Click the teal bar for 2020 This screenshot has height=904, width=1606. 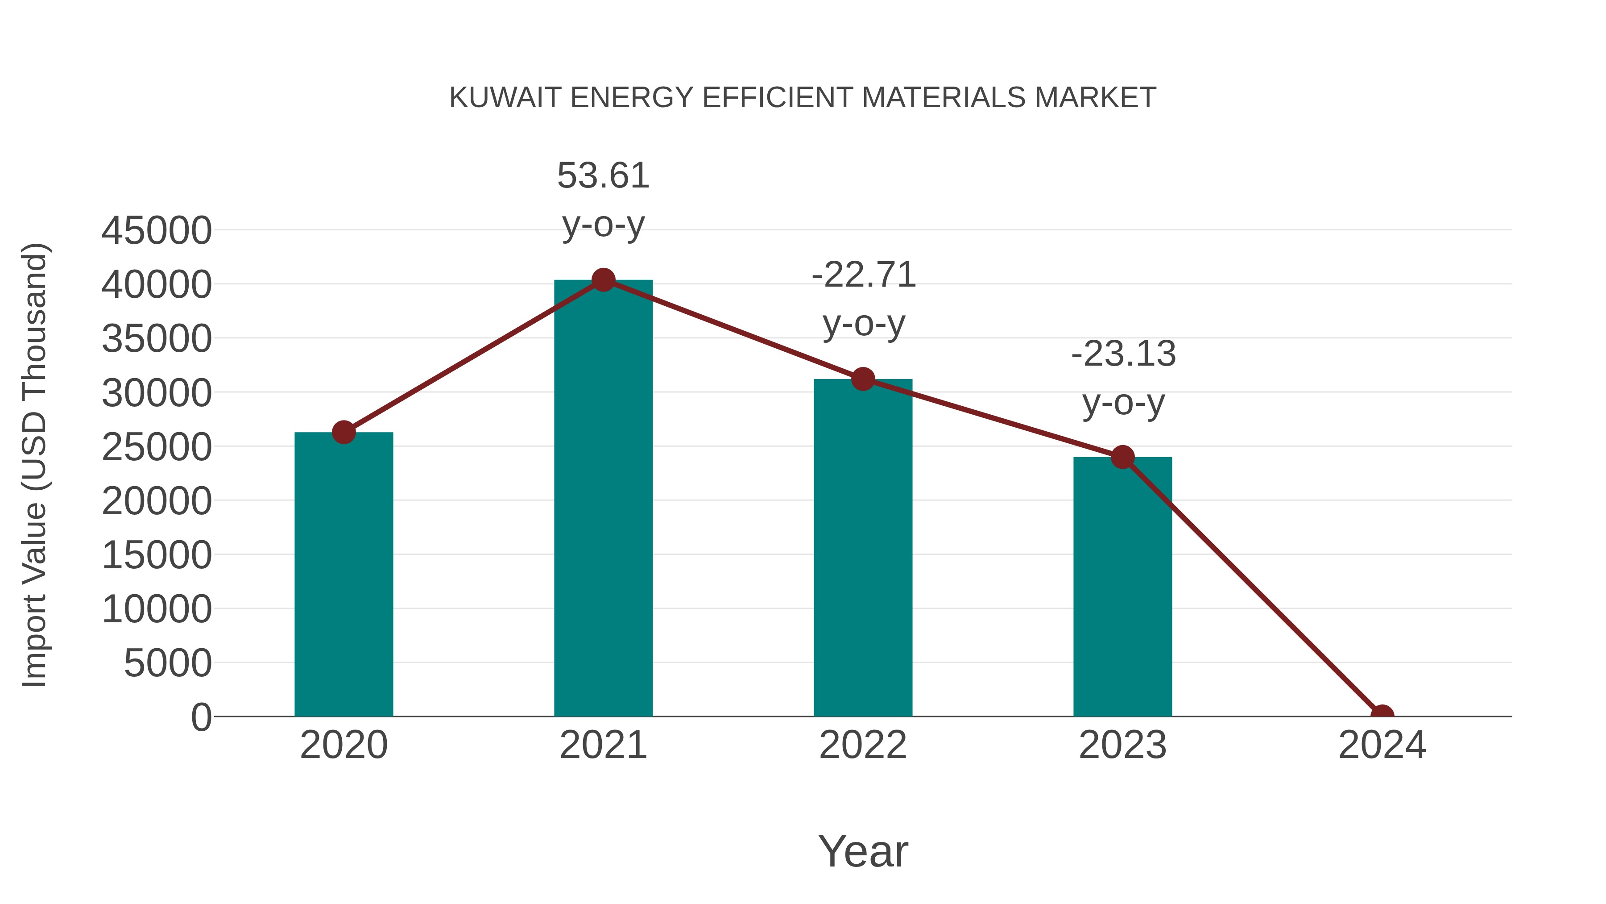pos(344,574)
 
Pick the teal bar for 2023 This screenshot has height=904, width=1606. pos(1122,587)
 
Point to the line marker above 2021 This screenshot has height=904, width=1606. pos(603,280)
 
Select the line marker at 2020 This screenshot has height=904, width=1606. pos(344,432)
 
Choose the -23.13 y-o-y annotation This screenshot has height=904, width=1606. pos(1123,378)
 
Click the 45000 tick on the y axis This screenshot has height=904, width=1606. pos(157,230)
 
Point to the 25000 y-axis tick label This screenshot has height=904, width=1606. pos(157,447)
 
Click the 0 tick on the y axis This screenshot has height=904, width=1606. pos(201,717)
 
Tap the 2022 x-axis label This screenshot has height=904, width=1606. pos(863,745)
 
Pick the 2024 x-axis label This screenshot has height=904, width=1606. pos(1382,745)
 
